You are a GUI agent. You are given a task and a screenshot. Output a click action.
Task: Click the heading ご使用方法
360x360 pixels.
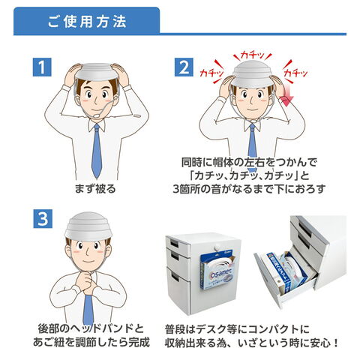tap(87, 22)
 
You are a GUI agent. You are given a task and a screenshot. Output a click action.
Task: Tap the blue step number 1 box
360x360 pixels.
tap(42, 67)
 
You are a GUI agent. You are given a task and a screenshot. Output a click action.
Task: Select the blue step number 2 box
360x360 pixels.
tap(184, 67)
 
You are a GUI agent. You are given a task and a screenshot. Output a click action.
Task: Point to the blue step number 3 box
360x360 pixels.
tap(43, 219)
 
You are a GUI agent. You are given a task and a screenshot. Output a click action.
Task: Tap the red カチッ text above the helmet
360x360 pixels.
tap(253, 55)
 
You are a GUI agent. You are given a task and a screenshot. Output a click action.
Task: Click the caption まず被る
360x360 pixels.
tap(95, 188)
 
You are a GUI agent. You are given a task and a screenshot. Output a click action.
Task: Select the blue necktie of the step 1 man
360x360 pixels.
tap(97, 151)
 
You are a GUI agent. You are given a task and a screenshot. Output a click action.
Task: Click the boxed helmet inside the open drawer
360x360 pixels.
tap(287, 270)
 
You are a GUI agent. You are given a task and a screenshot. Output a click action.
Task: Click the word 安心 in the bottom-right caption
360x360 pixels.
tap(319, 343)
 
